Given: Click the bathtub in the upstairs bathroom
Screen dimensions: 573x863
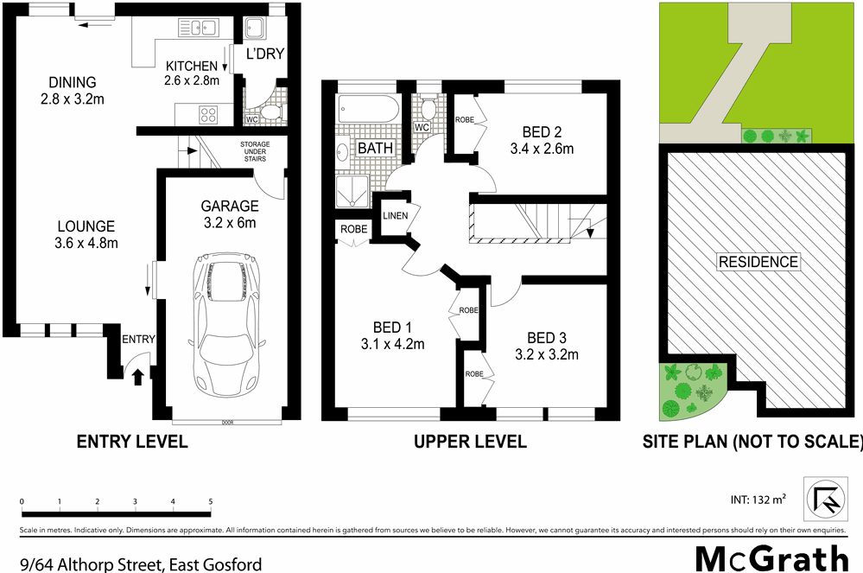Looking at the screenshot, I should coord(367,110).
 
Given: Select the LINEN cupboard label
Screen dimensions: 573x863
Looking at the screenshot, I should coord(394,214).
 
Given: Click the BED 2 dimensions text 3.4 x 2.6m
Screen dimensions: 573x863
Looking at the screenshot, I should coord(542,148).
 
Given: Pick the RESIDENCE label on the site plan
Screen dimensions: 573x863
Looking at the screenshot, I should coord(758,262).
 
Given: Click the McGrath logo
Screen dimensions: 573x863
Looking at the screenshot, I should coord(772,557).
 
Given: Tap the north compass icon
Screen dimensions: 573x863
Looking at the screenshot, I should coord(824,500).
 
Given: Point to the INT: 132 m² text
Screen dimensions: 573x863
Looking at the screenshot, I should coord(758,500).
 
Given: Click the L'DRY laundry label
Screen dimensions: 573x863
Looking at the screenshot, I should coord(265,54).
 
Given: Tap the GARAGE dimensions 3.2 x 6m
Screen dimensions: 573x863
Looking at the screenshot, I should coord(230,222).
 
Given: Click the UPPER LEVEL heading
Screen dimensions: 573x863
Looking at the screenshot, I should coord(470,442).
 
